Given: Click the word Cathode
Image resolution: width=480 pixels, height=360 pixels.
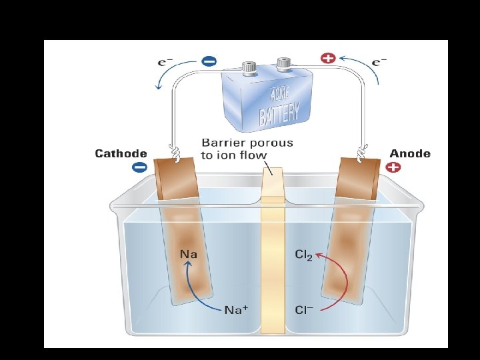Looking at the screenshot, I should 121,153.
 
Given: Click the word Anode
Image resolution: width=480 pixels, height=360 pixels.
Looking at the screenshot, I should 410,153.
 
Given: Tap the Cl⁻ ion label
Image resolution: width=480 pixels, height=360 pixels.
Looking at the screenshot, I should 304,310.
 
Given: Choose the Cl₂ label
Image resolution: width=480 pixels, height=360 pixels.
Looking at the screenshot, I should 303,255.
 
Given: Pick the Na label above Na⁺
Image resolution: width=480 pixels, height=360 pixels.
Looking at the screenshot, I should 189,254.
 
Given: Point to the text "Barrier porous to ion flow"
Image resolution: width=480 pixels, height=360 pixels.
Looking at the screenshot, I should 247,149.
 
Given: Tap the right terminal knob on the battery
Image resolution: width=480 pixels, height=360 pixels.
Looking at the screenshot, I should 284,64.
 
